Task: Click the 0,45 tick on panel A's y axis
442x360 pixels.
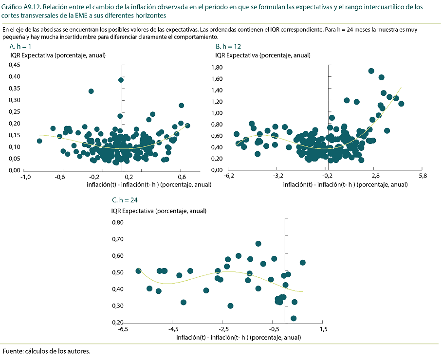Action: (15, 65)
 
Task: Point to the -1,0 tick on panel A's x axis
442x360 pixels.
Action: (25, 177)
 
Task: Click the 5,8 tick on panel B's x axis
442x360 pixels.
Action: (422, 176)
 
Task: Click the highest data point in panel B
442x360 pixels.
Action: (371, 71)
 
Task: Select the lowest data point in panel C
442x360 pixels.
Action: (294, 319)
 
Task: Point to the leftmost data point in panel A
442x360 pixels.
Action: (39, 141)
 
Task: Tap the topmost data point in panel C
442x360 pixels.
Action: (258, 244)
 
